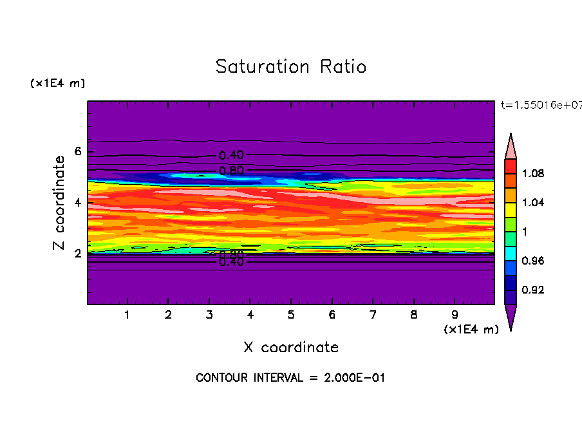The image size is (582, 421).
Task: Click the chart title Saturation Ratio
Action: tap(291, 66)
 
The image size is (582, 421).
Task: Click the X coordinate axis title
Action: tap(291, 347)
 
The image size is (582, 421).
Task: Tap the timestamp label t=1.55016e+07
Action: tap(540, 106)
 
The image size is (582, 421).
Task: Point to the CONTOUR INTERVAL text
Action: tap(290, 378)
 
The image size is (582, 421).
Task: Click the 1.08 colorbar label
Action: tap(534, 173)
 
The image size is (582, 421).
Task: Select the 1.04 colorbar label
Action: tap(534, 202)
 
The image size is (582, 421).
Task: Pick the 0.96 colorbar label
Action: tap(534, 261)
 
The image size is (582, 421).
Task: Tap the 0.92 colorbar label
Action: tap(534, 290)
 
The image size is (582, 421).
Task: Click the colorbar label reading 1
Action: tap(526, 232)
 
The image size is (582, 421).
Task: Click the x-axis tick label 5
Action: tap(291, 315)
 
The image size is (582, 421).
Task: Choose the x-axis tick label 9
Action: tap(455, 315)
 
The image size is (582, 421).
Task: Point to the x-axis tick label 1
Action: tap(128, 315)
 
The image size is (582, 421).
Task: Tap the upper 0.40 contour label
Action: tap(231, 155)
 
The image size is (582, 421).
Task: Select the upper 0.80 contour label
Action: tap(231, 171)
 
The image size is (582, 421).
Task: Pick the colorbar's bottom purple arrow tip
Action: tap(511, 327)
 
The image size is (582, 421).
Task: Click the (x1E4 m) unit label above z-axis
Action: tap(57, 84)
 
